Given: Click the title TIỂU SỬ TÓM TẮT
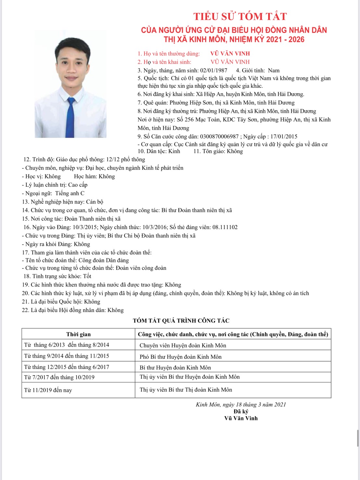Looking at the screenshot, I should tap(240, 17).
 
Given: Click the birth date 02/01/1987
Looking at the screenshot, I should tap(214, 70).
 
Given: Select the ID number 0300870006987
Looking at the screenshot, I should tap(219, 137).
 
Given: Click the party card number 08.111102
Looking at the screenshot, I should tap(225, 227).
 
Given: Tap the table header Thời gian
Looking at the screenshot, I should tap(78, 334).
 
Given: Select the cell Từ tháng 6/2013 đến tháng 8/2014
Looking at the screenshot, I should tap(67, 345).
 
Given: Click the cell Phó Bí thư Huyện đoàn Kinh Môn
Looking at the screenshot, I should tap(180, 357).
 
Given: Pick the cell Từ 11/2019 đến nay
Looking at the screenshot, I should tap(48, 390).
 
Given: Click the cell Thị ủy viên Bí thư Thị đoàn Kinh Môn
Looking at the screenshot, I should tap(186, 390).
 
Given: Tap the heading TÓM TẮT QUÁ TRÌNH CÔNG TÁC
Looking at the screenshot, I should tap(181, 321).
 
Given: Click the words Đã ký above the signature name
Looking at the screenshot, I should tap(241, 412).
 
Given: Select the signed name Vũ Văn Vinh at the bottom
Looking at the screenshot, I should tap(241, 418).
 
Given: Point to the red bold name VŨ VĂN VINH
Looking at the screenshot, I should tap(230, 54).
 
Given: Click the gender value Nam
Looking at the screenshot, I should tap(274, 70).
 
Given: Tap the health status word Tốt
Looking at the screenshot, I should tap(87, 276).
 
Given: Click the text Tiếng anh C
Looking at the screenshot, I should tap(69, 193).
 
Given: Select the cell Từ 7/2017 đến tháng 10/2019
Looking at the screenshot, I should tap(59, 377).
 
